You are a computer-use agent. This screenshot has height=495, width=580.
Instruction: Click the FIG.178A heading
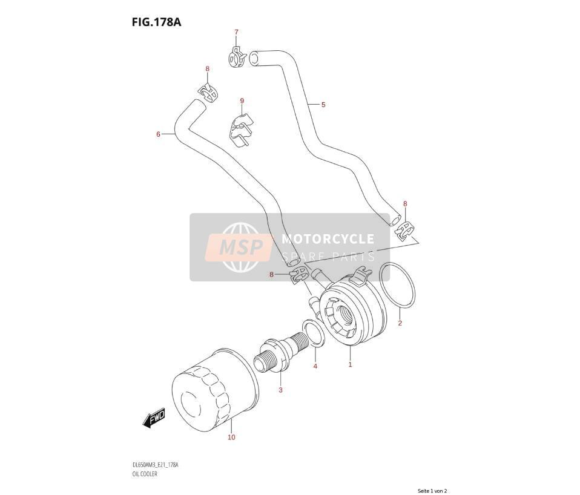click(156, 22)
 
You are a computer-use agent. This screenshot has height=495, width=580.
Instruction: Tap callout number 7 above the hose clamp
click(236, 32)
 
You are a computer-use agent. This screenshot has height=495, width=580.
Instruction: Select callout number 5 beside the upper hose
click(323, 105)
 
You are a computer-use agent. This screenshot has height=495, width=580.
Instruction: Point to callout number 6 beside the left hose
click(158, 134)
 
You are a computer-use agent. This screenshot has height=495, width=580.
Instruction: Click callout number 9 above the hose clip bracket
click(242, 100)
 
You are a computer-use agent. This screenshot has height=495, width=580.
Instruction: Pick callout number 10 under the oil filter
click(231, 438)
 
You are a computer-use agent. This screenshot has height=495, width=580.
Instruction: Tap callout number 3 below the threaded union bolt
click(281, 390)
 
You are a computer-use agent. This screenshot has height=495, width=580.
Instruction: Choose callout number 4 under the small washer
click(315, 366)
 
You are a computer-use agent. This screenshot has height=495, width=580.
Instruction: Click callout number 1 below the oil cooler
click(351, 364)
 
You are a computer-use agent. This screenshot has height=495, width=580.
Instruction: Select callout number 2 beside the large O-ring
click(400, 323)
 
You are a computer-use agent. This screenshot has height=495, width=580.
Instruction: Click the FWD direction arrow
click(154, 418)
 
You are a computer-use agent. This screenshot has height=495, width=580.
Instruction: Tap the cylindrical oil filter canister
click(215, 390)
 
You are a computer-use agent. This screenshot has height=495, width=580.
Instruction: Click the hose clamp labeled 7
click(236, 57)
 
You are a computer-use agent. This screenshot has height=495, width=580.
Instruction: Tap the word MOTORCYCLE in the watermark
click(328, 239)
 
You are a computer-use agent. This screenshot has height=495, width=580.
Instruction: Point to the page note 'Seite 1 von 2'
click(432, 491)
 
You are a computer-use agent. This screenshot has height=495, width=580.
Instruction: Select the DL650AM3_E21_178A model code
click(155, 465)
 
